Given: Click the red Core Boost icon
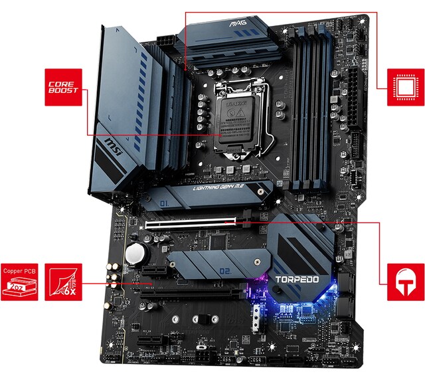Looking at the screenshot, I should [x=64, y=86].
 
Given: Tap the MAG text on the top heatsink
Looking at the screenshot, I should [x=238, y=25].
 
